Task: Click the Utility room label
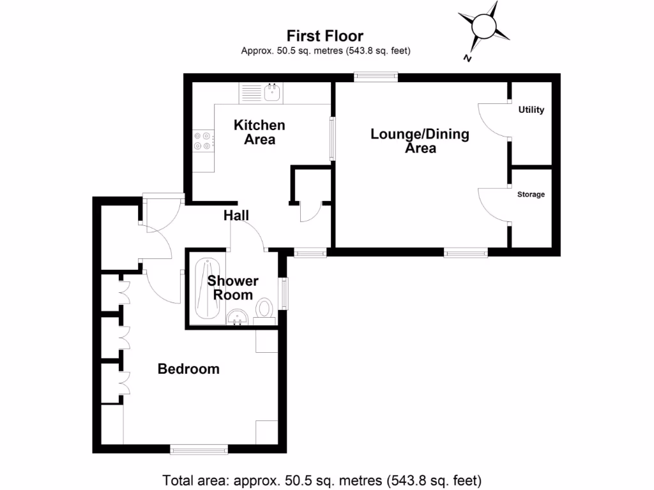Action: (531, 110)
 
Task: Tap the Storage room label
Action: (531, 194)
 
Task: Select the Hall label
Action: (236, 216)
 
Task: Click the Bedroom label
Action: (188, 369)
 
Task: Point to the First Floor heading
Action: (324, 36)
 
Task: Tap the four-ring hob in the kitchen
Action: (204, 141)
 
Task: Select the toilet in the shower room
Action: (264, 309)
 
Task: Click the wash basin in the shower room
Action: (238, 316)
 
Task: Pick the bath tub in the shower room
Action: (206, 288)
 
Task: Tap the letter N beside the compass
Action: (468, 59)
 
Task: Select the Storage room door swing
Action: (494, 204)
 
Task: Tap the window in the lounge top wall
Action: (376, 77)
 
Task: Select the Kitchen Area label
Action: (259, 131)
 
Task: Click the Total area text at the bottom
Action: (322, 479)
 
